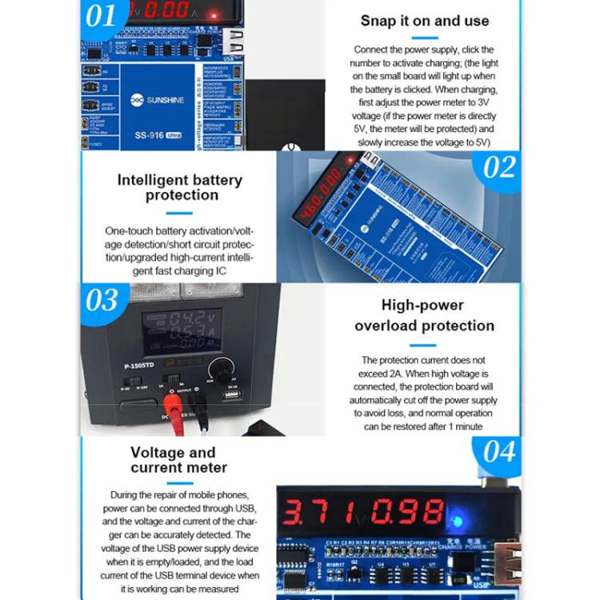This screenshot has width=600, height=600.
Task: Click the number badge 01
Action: (102, 17)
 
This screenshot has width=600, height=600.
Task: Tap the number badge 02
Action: (499, 167)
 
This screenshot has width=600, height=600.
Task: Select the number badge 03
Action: (102, 301)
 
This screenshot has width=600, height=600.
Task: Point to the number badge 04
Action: (499, 452)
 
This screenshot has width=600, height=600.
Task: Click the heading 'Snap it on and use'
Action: (425, 21)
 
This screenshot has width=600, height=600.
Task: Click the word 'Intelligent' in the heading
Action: (151, 179)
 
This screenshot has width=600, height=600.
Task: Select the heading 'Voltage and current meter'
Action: (178, 460)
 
